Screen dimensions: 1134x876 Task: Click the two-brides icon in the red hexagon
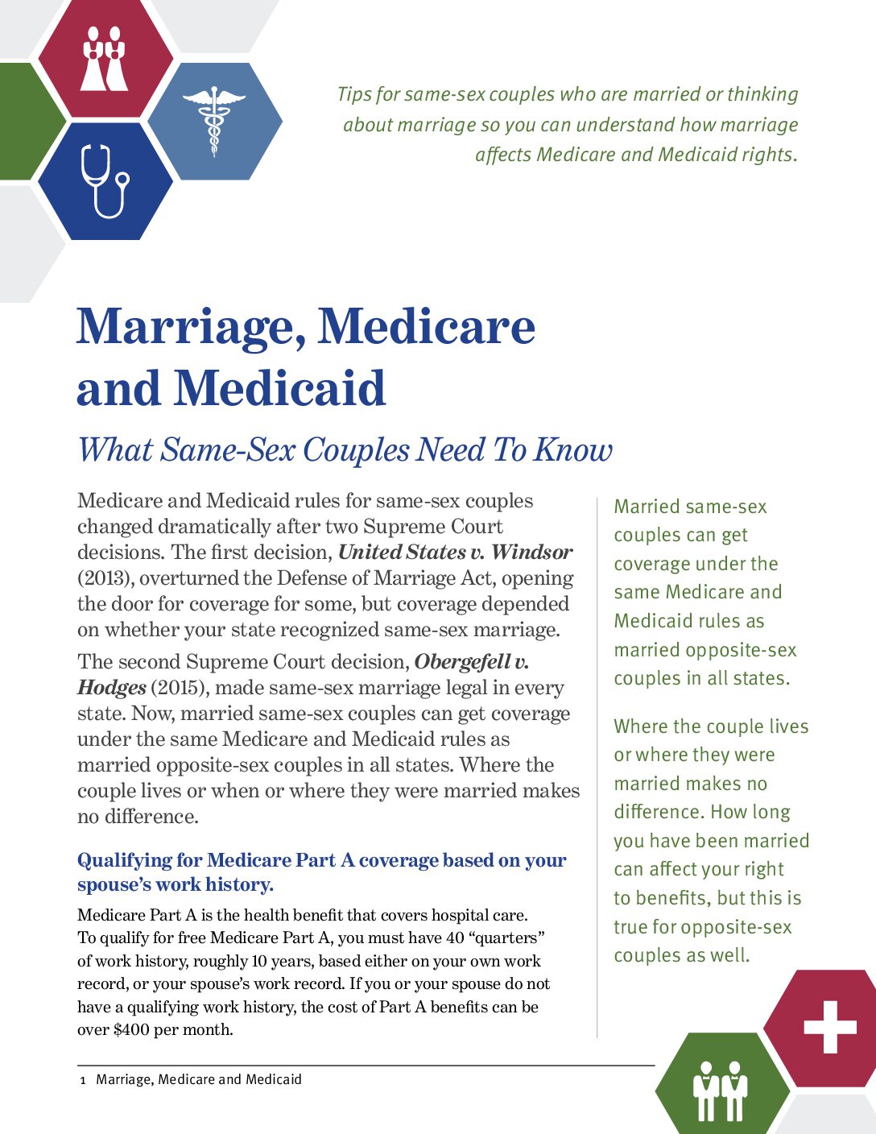[105, 58]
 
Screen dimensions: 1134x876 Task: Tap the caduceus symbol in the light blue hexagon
[213, 121]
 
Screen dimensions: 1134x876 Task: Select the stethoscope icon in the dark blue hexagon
[104, 180]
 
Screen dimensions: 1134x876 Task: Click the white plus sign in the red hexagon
[829, 1027]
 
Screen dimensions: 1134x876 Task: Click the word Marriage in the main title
[190, 327]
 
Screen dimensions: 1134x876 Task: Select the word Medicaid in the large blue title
[280, 388]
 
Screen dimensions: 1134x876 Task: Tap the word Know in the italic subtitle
[573, 449]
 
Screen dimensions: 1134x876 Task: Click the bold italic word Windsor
[531, 553]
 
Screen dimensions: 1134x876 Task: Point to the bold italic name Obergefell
[462, 662]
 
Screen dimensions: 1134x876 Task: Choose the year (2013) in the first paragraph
[105, 578]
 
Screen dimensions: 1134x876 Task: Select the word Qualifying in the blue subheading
[124, 860]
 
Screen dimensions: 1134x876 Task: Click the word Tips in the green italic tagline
[354, 94]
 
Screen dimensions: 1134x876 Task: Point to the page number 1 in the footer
[82, 1080]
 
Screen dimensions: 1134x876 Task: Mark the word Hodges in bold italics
[111, 688]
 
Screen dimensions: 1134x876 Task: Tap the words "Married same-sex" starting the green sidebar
[690, 507]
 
